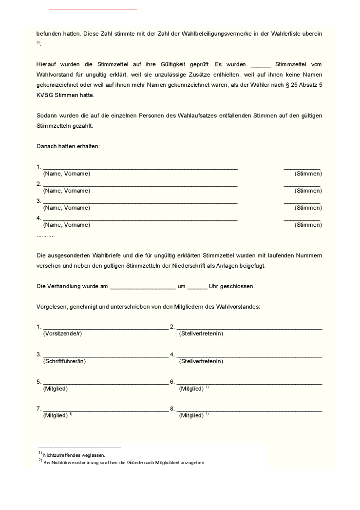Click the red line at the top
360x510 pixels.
pyautogui.click(x=93, y=9)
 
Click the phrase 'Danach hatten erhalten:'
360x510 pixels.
pyautogui.click(x=68, y=146)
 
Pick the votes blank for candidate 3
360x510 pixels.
pyautogui.click(x=302, y=201)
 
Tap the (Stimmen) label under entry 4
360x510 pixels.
pyautogui.click(x=308, y=225)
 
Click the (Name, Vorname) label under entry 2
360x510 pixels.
pyautogui.click(x=67, y=191)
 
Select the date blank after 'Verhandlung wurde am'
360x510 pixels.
pyautogui.click(x=143, y=287)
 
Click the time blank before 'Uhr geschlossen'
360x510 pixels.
pyautogui.click(x=197, y=287)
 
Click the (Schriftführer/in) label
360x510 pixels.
pyautogui.click(x=64, y=361)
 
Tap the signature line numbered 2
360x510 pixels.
pyautogui.click(x=249, y=328)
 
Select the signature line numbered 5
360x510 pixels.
pyautogui.click(x=106, y=383)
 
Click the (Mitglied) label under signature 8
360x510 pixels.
pyautogui.click(x=191, y=416)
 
